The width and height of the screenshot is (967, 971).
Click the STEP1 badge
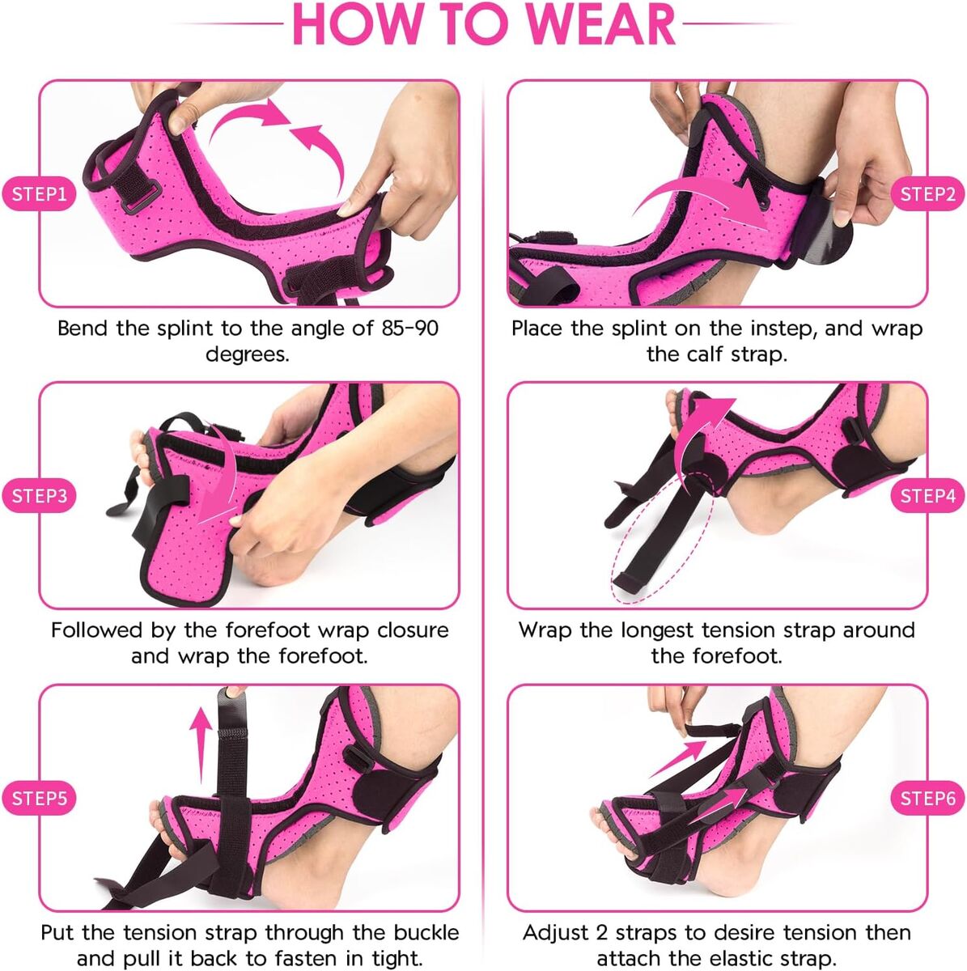39,194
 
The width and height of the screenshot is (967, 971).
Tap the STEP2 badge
927,194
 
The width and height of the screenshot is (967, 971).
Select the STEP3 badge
39,496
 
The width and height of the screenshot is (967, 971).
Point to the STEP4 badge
927,496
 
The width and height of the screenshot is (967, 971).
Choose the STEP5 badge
39,798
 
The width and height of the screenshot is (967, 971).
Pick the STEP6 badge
927,798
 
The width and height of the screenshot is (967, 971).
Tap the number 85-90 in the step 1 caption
409,329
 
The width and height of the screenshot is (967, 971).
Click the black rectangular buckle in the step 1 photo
142,197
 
